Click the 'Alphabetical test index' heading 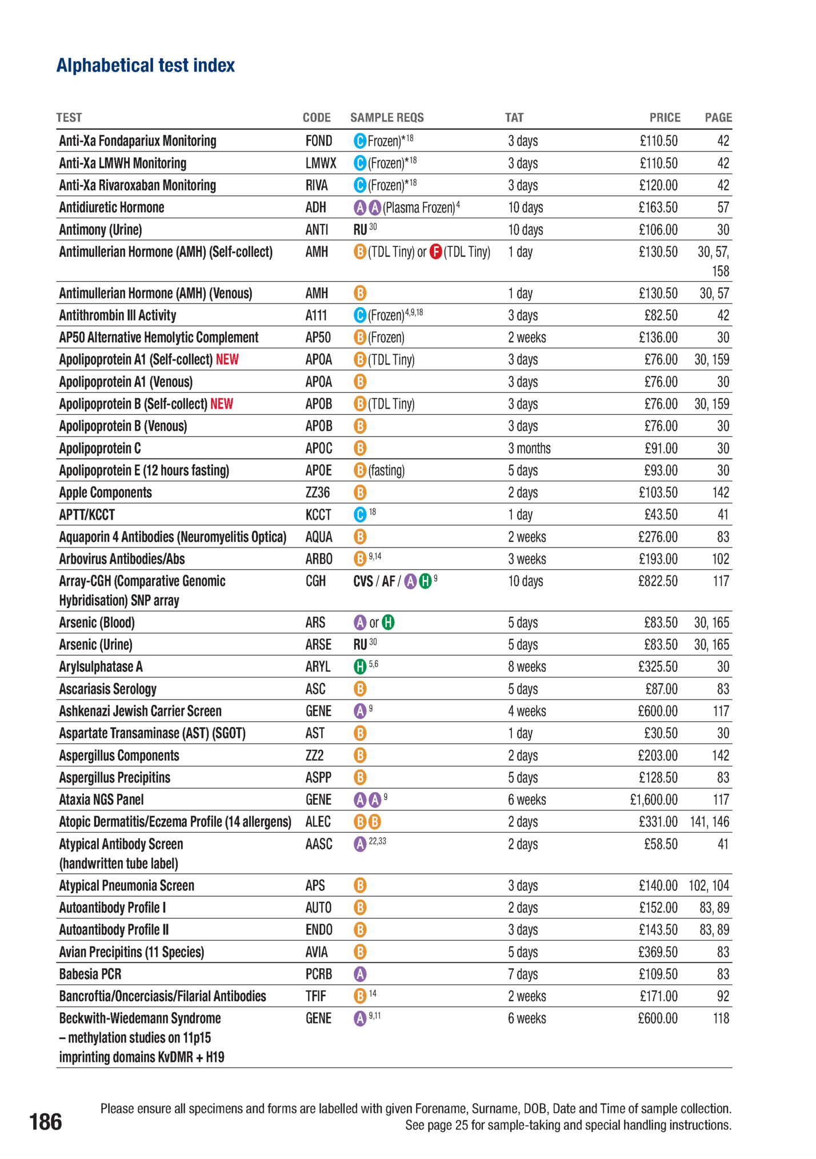[x=145, y=66]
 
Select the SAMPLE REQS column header [x=387, y=118]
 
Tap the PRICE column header [x=665, y=118]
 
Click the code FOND [x=318, y=141]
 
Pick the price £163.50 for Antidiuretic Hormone [x=658, y=207]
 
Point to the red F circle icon [x=435, y=252]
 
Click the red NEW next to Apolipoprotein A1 [x=227, y=360]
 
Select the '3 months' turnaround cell [x=529, y=449]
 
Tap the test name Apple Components [x=106, y=493]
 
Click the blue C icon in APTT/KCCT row [x=360, y=515]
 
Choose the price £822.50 [x=658, y=581]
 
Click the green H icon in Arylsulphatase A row [x=360, y=667]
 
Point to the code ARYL [x=318, y=667]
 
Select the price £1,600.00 [x=654, y=800]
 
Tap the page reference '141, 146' [x=709, y=822]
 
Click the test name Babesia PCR [x=90, y=974]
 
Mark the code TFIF [x=315, y=997]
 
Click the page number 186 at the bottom [x=46, y=1122]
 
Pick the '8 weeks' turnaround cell [x=527, y=667]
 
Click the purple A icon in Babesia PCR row [x=360, y=974]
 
